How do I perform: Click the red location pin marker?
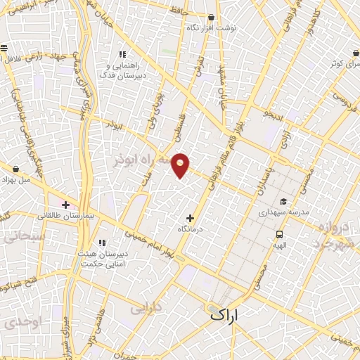coord(181,165)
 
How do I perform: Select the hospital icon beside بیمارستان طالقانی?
coord(66,205)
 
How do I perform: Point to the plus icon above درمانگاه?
coord(190,219)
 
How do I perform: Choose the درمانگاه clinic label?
coord(190,230)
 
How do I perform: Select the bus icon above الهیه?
coord(279,235)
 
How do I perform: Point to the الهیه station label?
coord(279,246)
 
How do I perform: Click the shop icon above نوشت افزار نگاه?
coord(212,17)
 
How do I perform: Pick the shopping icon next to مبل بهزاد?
coord(16,169)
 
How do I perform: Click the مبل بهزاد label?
coord(17,180)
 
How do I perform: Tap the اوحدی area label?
coord(15,323)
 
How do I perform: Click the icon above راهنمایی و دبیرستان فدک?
coord(122,54)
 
